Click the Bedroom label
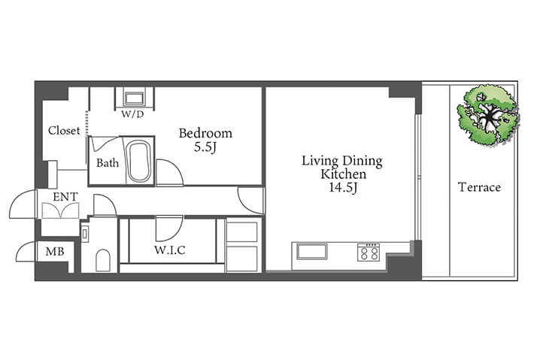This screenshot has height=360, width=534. point(205,133)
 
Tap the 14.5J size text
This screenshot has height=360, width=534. point(343,187)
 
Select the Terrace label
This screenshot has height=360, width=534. point(479,187)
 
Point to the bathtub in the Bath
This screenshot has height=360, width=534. point(138,162)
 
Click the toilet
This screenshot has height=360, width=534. point(103,261)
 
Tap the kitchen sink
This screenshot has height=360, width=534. point(312,252)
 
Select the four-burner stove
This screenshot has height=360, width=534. point(369,252)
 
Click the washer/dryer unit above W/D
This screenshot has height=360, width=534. point(135,98)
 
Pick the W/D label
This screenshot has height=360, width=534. point(133,114)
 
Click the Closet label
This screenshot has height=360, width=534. point(64,130)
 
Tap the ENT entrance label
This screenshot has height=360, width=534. point(65,197)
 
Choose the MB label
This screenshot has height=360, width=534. point(55,252)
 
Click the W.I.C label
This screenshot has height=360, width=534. point(170,250)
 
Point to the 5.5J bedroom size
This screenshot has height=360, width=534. point(205,147)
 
